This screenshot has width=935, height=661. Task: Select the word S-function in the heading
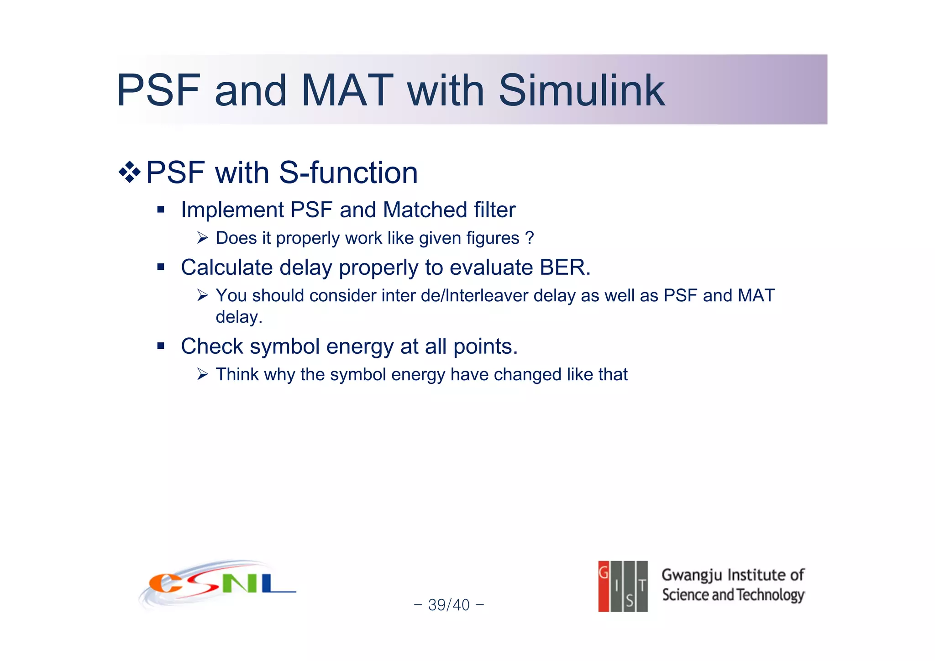[348, 173]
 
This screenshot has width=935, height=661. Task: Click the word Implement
[232, 210]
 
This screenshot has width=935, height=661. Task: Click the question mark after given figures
[530, 238]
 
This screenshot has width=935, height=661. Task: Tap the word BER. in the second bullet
[565, 268]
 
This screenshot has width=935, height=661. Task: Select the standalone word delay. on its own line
[239, 317]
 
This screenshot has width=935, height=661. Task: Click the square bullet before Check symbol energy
[160, 346]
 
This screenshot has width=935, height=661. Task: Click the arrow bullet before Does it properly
[203, 238]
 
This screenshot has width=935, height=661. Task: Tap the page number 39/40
[449, 605]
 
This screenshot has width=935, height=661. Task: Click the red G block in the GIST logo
[604, 586]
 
